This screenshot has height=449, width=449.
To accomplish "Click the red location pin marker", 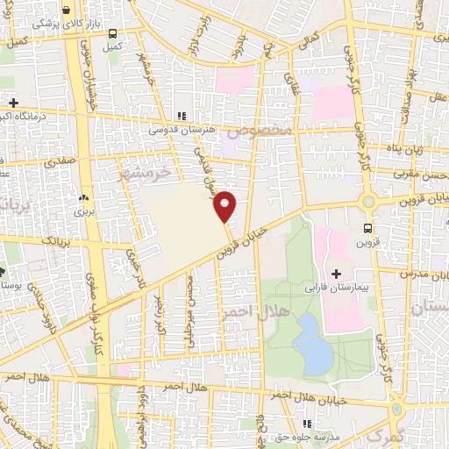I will pos(226,205).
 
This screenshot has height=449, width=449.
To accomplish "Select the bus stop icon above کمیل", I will pos(112,33).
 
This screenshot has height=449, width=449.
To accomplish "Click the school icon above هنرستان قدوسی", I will pos(182,116).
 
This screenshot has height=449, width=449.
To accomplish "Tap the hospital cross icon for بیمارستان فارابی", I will pos(336,274).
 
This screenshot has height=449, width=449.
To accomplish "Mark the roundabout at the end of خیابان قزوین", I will pos(368,201).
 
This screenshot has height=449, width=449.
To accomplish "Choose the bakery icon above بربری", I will pos(84,199).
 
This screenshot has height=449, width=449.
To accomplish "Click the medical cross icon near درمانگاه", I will pos(11,103).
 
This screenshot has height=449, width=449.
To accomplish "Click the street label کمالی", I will pos(310,39).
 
